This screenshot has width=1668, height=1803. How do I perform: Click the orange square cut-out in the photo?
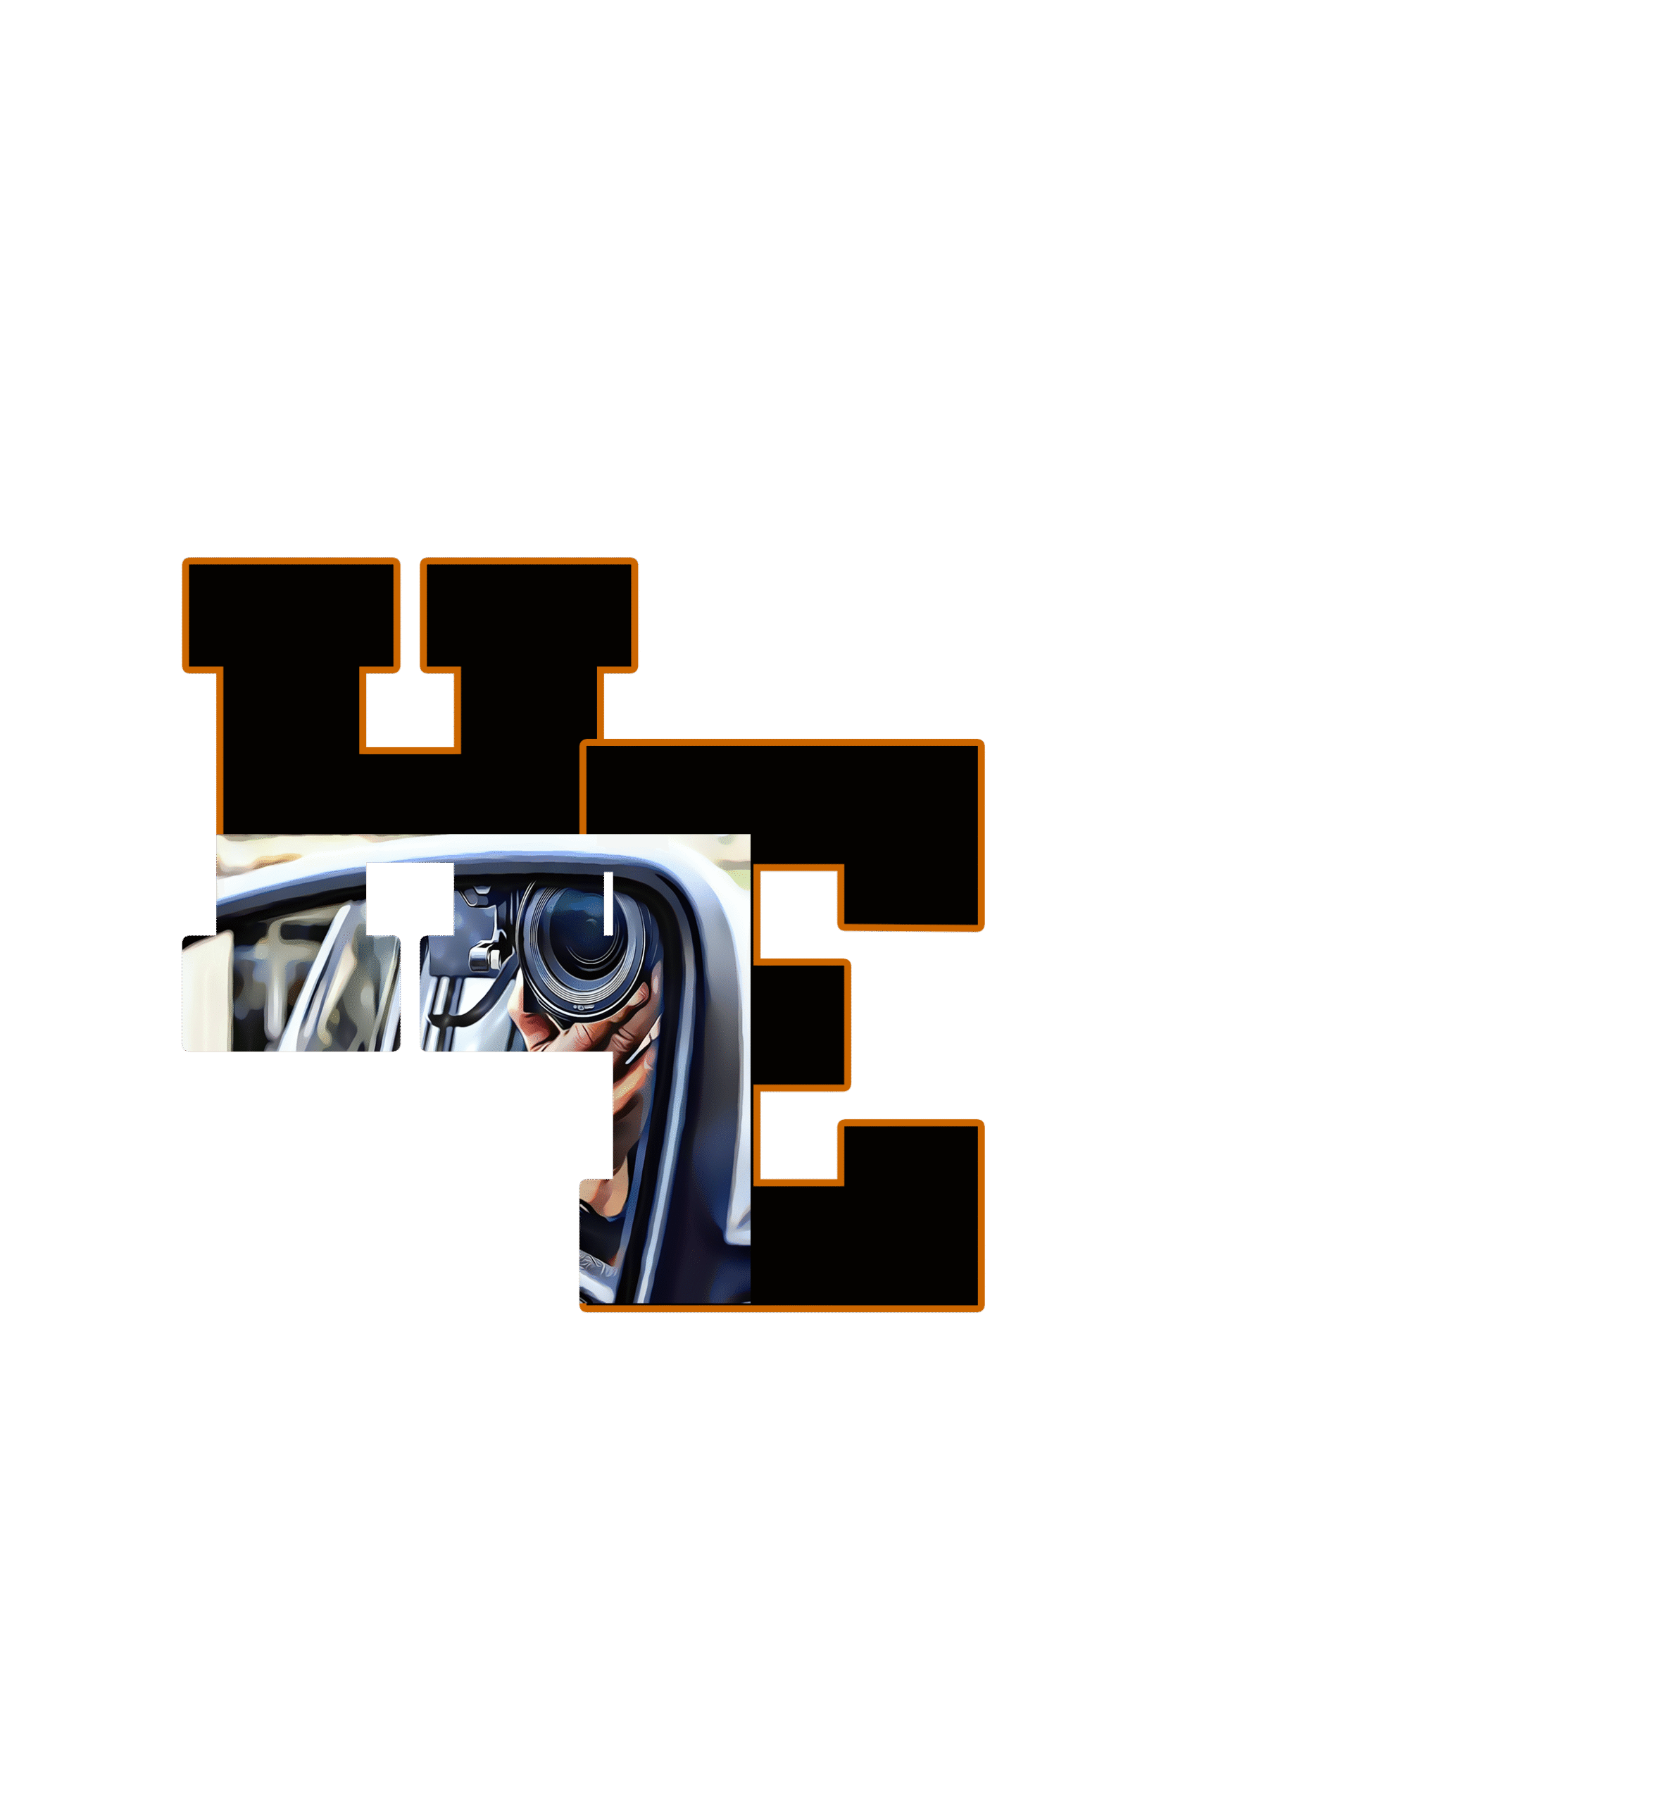[410, 899]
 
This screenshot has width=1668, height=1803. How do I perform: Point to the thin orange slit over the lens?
[608, 903]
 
